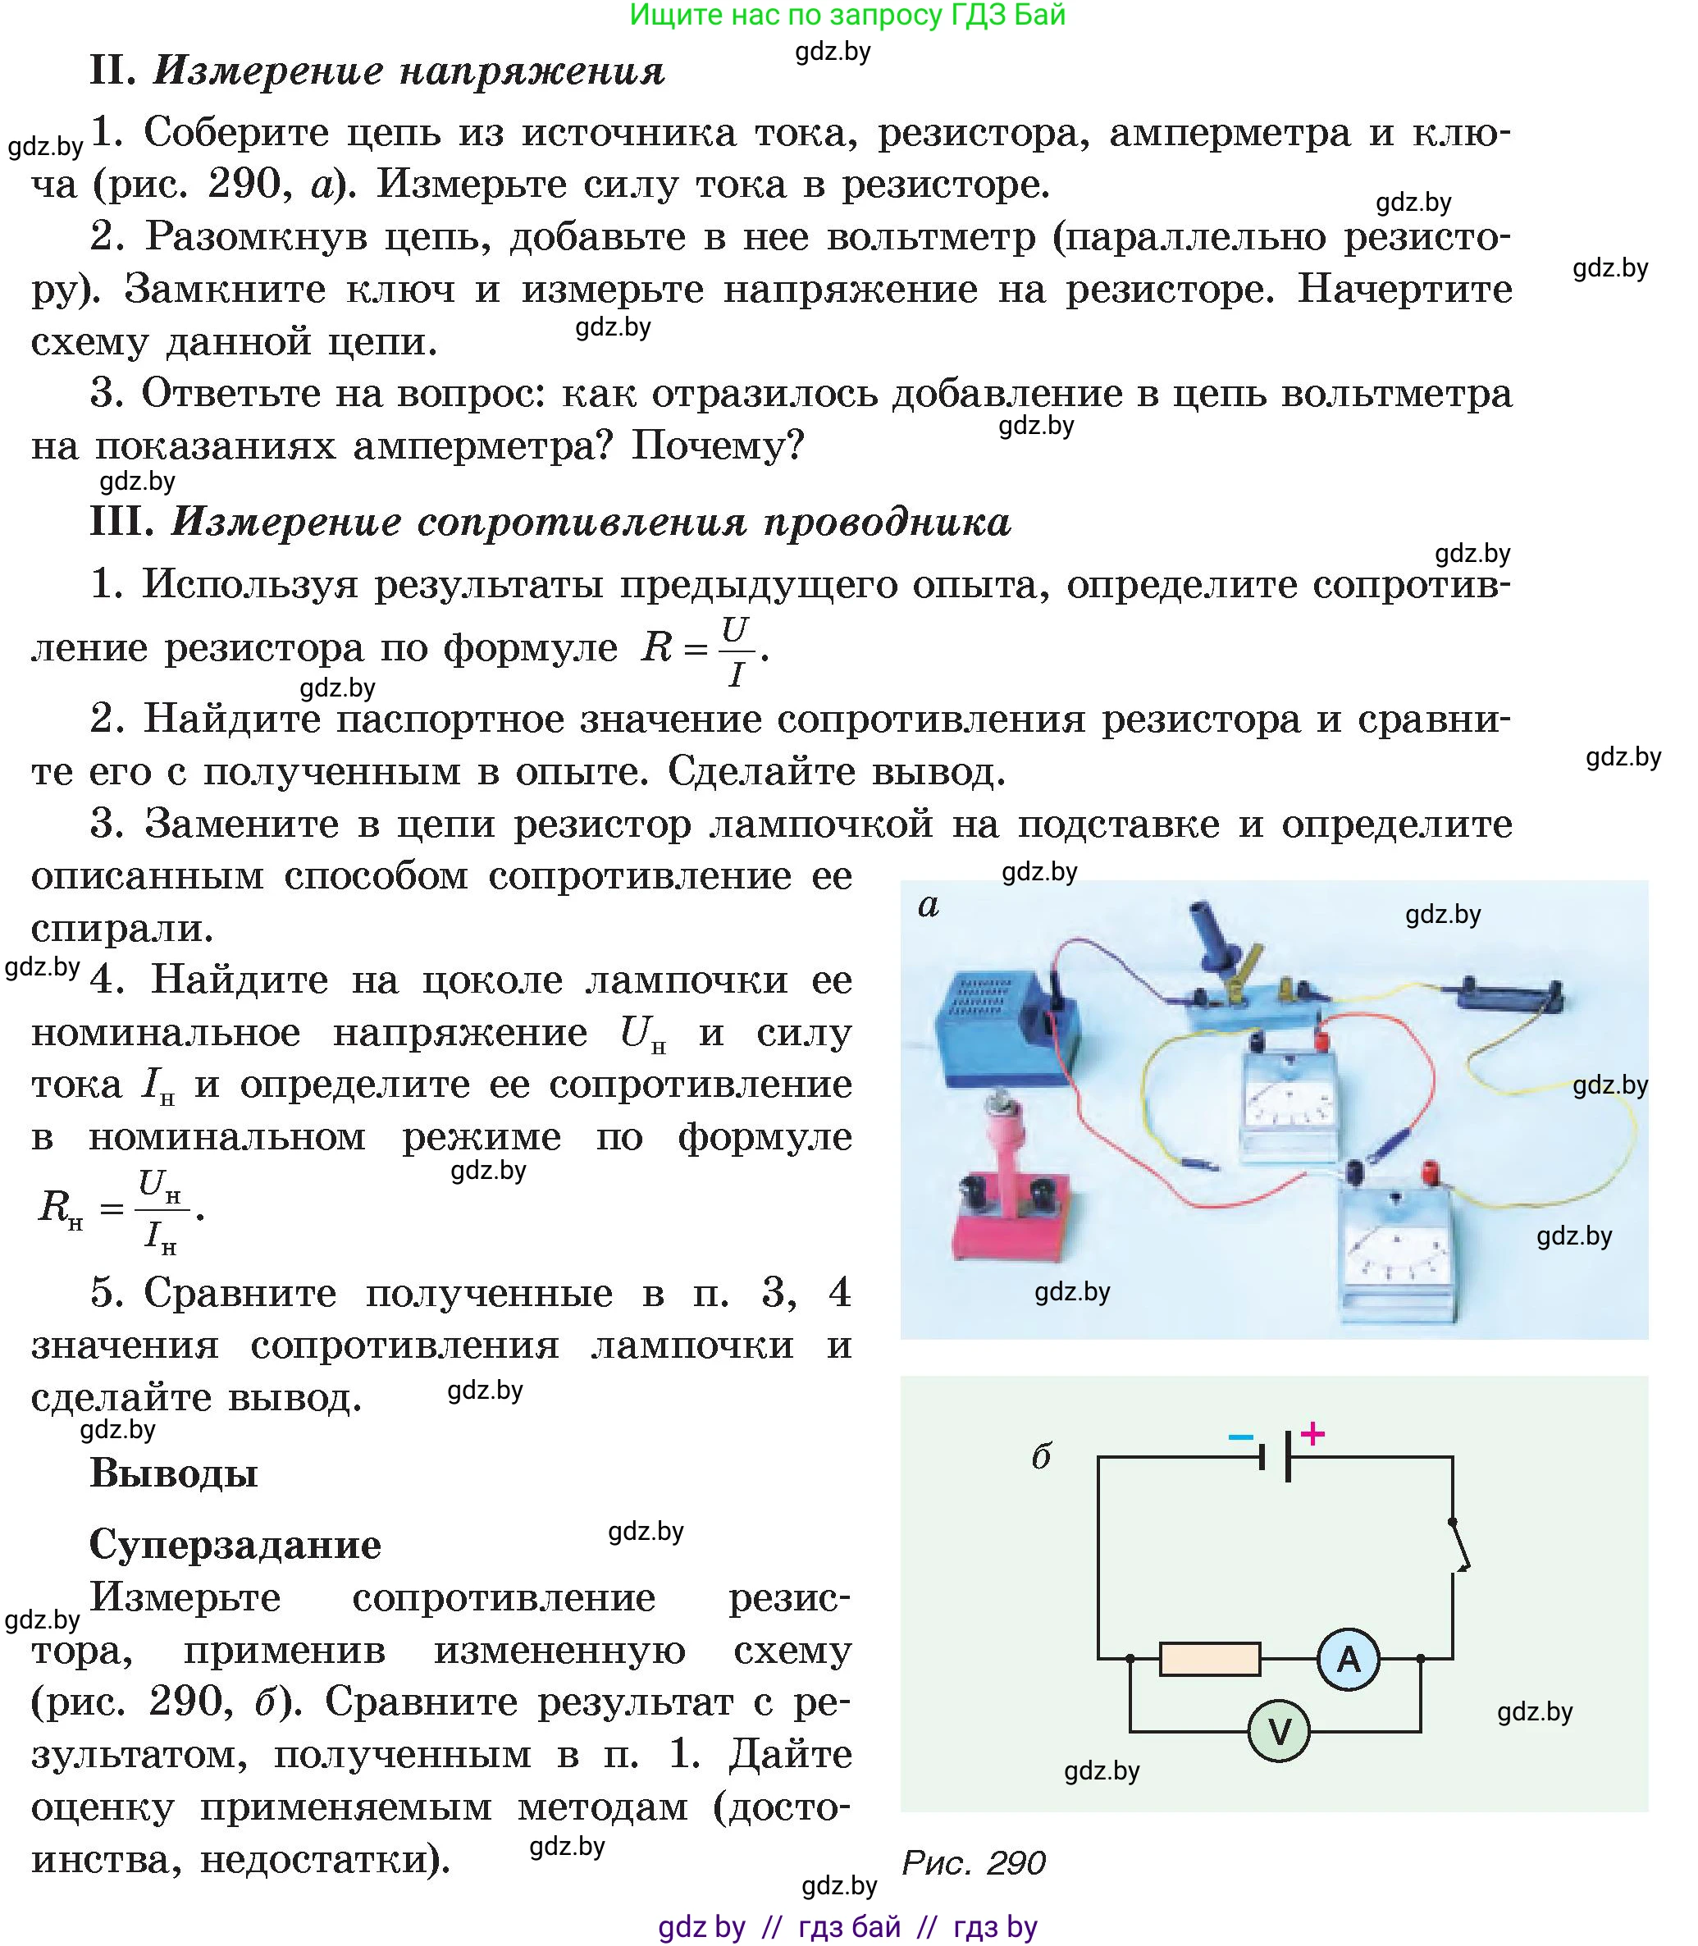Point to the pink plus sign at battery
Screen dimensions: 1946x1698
(x=1312, y=1433)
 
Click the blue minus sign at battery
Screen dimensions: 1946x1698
(x=1240, y=1437)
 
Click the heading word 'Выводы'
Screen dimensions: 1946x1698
(x=173, y=1473)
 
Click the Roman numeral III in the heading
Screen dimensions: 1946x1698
(x=121, y=522)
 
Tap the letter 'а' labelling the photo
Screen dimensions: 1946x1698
(x=929, y=905)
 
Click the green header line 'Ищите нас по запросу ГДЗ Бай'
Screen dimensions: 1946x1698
(x=847, y=15)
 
